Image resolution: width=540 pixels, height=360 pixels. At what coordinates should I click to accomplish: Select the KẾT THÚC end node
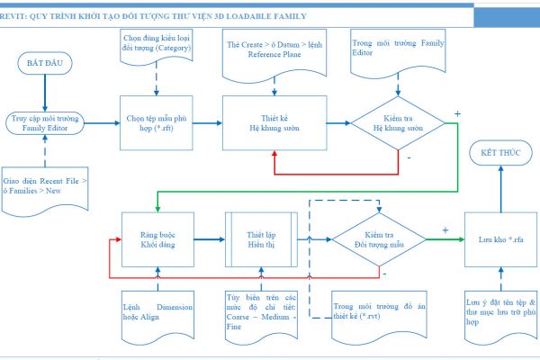(500, 154)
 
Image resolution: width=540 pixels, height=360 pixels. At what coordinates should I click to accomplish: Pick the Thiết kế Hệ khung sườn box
(273, 122)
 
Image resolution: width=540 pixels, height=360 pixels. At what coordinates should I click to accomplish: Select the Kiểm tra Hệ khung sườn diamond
(397, 122)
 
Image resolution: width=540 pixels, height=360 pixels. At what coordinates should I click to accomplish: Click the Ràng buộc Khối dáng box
(158, 238)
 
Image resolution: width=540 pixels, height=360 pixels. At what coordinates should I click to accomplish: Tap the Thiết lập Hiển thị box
(259, 238)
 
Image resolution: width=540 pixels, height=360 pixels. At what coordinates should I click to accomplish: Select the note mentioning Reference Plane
(271, 49)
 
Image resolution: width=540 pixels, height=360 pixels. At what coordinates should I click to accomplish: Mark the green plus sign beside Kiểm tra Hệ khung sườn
(458, 114)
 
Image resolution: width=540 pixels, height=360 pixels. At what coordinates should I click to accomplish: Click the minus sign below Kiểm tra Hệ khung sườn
(409, 157)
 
